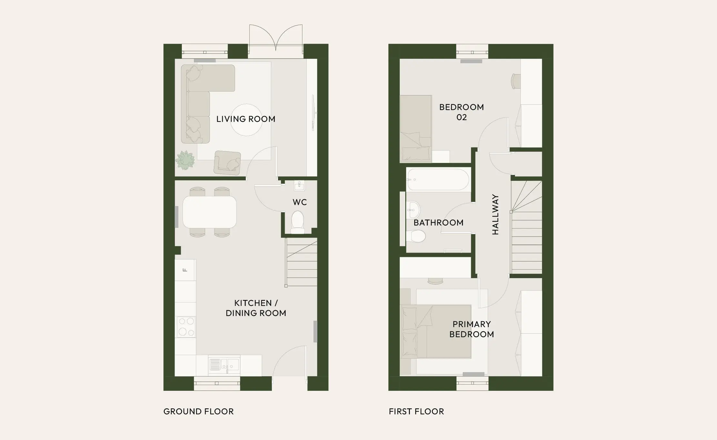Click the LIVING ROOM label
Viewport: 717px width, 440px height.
point(246,119)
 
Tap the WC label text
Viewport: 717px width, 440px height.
point(299,202)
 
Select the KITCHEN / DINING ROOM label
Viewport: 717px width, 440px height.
point(256,308)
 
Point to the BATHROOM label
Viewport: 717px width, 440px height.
point(438,223)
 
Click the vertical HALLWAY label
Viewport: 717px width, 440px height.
point(495,215)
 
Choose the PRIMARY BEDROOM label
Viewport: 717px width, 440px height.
point(471,329)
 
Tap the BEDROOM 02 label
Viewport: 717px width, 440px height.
point(461,112)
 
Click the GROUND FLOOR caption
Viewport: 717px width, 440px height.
point(198,411)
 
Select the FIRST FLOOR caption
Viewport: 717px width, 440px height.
point(416,411)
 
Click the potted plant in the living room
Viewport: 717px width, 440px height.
point(185,160)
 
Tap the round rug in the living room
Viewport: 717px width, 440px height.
point(246,120)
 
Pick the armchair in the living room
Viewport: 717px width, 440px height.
point(227,163)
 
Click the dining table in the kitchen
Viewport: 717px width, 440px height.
point(209,212)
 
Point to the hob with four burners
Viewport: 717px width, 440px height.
point(186,327)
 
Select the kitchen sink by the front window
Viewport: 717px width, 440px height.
point(224,365)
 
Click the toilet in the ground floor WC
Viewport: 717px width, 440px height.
point(298,222)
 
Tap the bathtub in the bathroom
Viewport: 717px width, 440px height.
point(438,179)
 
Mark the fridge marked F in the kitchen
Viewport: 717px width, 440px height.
point(185,270)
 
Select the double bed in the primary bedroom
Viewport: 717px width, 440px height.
point(436,331)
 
